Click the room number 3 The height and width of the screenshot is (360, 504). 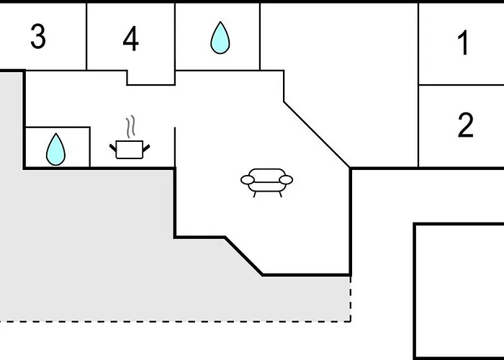point(38,37)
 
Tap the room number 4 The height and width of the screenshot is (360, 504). point(131,39)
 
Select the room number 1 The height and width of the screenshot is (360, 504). point(464,42)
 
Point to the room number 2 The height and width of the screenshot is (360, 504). point(466,125)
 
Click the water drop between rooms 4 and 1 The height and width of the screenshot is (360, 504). point(220,38)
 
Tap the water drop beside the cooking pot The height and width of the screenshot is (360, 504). point(55,150)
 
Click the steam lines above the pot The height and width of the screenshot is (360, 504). point(130,127)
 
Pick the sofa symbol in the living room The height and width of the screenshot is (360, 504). point(267,183)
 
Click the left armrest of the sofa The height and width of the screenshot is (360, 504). point(248,180)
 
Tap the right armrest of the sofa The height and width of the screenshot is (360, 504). point(286,180)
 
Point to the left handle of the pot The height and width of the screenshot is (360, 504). point(112,148)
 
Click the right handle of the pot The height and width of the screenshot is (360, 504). point(146,148)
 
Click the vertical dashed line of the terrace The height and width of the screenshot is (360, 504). point(351,298)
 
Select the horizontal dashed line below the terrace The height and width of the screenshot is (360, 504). point(175,321)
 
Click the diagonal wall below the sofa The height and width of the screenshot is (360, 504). point(243,256)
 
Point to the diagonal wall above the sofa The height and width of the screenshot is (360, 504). point(317,135)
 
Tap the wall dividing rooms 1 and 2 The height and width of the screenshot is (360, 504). point(462,85)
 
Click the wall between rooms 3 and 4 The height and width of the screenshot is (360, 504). point(86,37)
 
